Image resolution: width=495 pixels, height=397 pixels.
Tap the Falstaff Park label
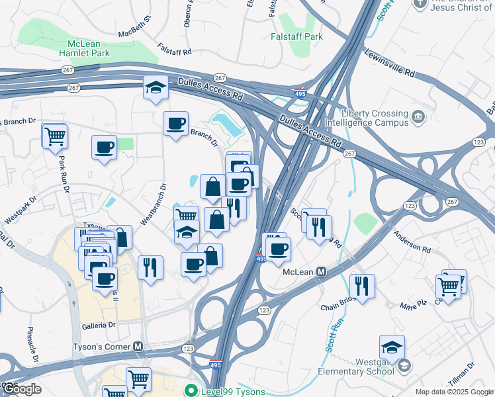coord(297,36)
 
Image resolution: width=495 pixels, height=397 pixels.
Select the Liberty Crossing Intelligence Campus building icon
coord(418,117)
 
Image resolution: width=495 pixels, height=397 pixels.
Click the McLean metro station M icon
coord(322,272)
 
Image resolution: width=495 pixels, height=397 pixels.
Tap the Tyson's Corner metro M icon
coord(138,346)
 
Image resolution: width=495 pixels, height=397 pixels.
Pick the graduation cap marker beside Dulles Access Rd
coord(156,88)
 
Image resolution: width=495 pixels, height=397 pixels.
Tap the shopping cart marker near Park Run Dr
coord(55,136)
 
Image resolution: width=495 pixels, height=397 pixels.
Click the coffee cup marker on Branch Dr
coord(175,124)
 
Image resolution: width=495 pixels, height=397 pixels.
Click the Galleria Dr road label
coord(99,326)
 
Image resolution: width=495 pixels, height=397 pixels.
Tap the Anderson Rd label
coord(412,241)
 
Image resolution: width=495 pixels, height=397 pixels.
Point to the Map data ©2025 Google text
coord(454,392)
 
